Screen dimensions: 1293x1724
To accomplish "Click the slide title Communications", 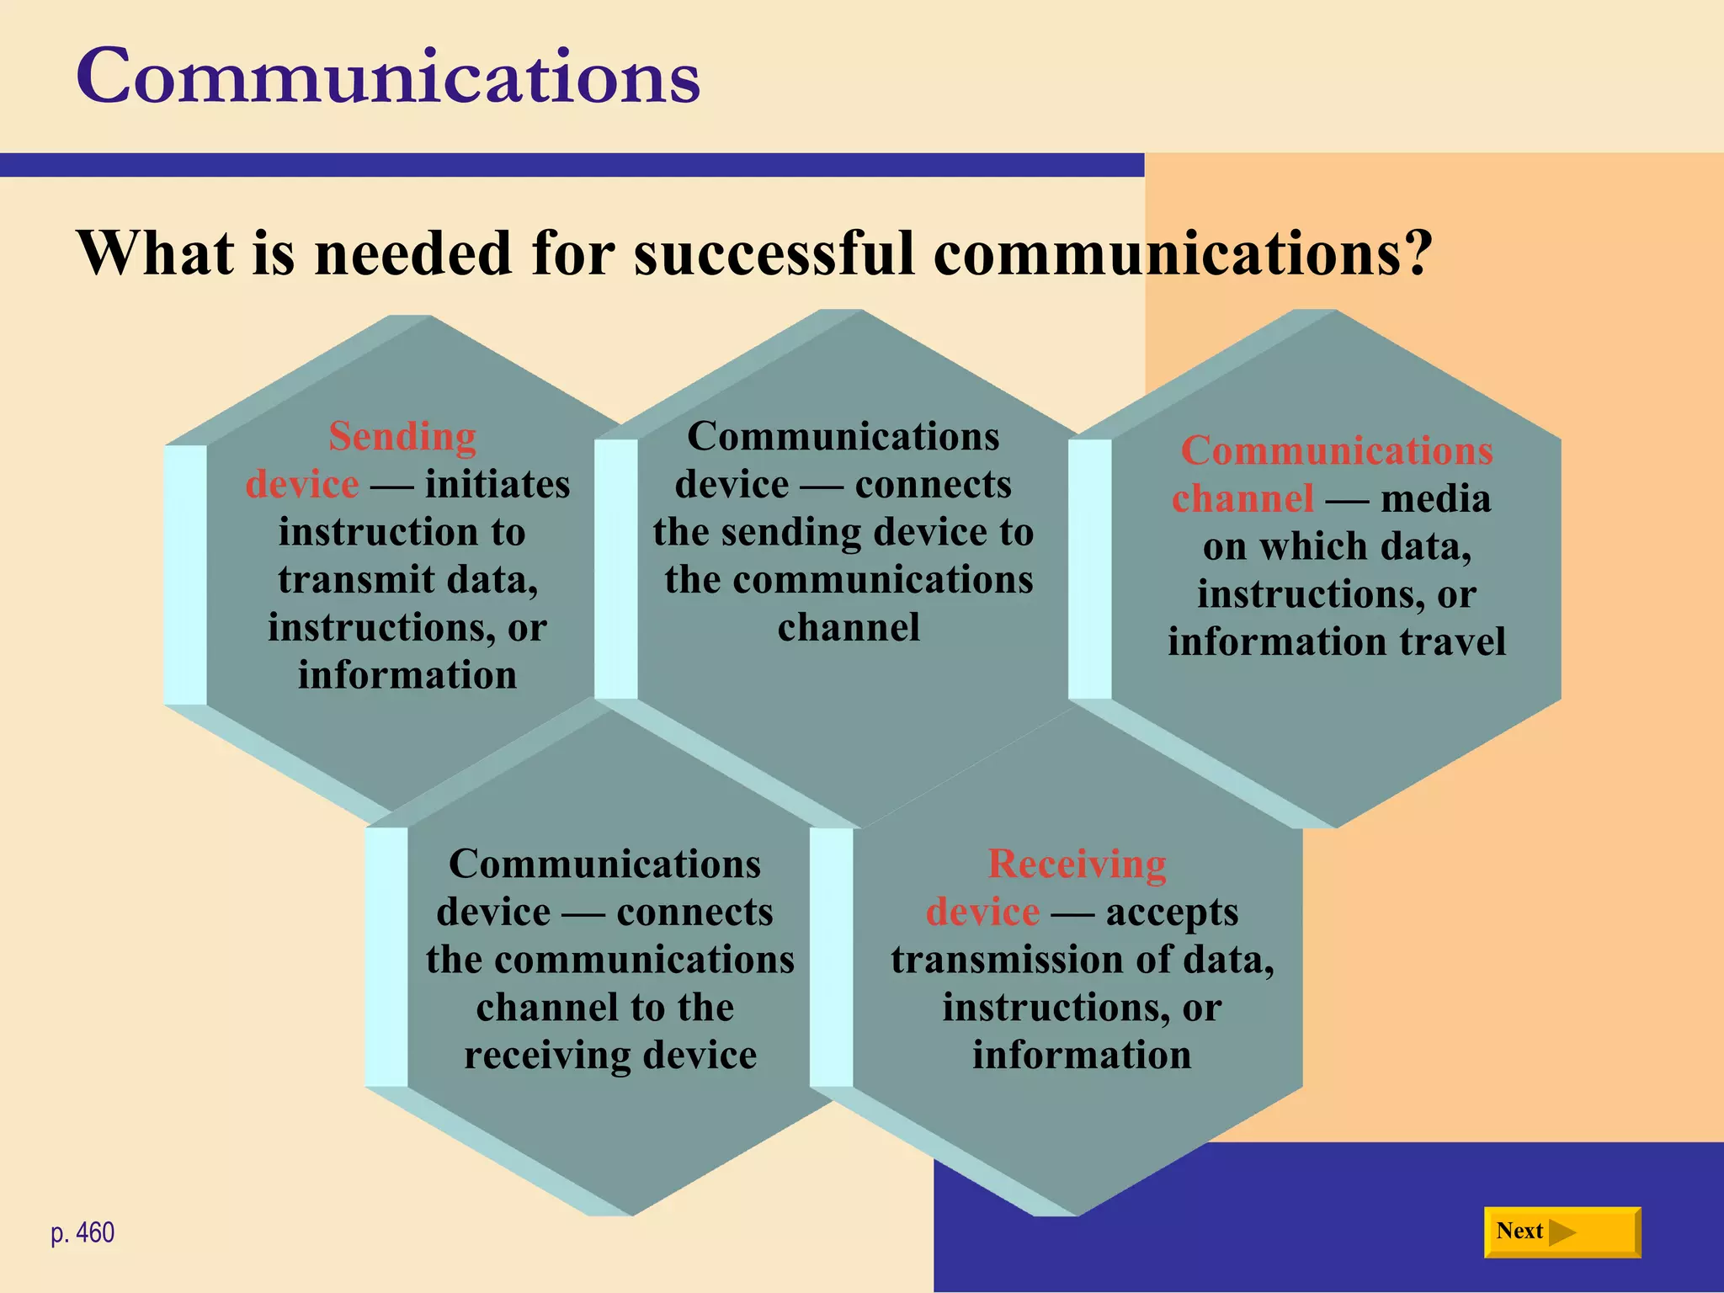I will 388,77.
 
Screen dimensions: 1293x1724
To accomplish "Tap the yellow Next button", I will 1562,1232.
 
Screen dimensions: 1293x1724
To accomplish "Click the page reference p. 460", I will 82,1233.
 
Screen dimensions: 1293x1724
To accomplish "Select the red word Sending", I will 402,437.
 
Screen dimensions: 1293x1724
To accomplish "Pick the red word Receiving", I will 1077,865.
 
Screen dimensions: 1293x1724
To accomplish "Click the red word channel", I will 1242,498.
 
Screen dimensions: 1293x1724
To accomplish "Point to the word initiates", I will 498,485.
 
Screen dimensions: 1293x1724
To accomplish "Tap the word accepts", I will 1172,913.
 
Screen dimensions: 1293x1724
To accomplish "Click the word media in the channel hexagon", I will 1436,498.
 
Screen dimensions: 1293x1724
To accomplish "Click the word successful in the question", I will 774,253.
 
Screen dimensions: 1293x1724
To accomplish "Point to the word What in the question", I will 156,253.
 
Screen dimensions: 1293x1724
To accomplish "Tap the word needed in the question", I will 412,253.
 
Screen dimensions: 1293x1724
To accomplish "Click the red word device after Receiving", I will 982,913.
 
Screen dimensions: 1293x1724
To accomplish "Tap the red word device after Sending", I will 302,485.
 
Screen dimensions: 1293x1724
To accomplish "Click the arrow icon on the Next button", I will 1562,1232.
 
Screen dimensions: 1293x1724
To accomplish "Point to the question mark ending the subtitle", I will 1417,253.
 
